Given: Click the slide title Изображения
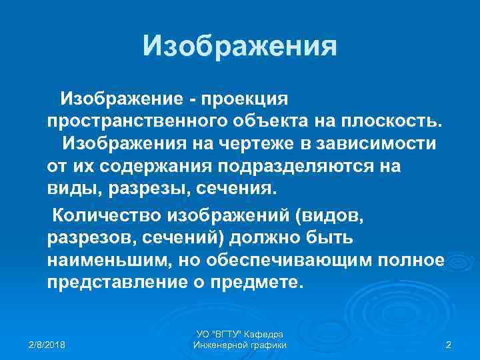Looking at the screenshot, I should (x=240, y=46).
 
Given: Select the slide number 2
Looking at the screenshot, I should (x=448, y=344).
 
